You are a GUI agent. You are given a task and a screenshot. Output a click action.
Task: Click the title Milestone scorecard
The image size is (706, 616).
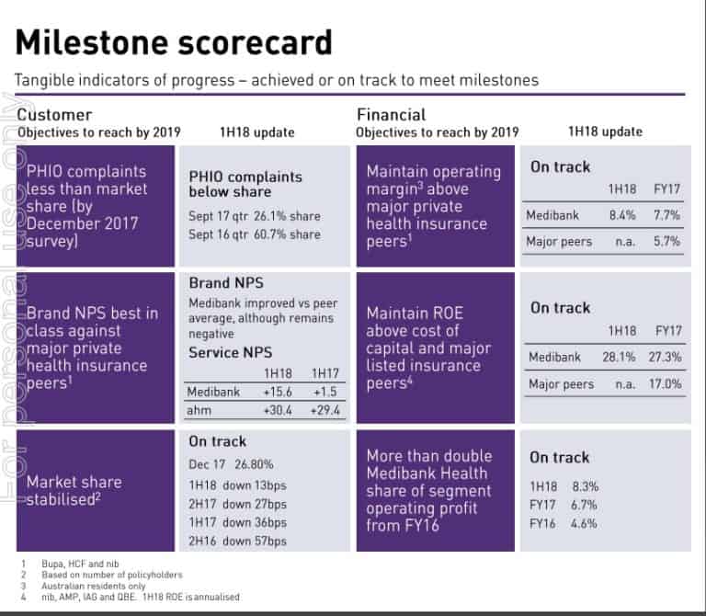pyautogui.click(x=174, y=42)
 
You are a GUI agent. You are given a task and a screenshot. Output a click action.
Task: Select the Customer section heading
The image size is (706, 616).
pyautogui.click(x=55, y=115)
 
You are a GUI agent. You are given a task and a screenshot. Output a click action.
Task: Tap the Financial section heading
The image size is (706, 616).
pyautogui.click(x=391, y=115)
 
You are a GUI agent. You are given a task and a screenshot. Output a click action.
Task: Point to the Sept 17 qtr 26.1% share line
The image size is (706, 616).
pyautogui.click(x=255, y=217)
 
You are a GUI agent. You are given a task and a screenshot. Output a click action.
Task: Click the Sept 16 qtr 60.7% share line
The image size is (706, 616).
pyautogui.click(x=255, y=234)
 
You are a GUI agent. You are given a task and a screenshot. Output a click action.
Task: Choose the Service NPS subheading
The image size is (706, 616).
pyautogui.click(x=232, y=353)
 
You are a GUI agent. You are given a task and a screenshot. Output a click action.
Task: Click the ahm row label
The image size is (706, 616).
pyautogui.click(x=200, y=410)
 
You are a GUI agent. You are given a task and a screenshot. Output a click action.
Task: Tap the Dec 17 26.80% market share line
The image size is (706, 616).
pyautogui.click(x=231, y=465)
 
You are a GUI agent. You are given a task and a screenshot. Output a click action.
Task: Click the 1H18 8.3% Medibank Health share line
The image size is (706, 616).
pyautogui.click(x=564, y=485)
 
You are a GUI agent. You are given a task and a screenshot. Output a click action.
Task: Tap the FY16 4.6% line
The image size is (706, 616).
pyautogui.click(x=564, y=523)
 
